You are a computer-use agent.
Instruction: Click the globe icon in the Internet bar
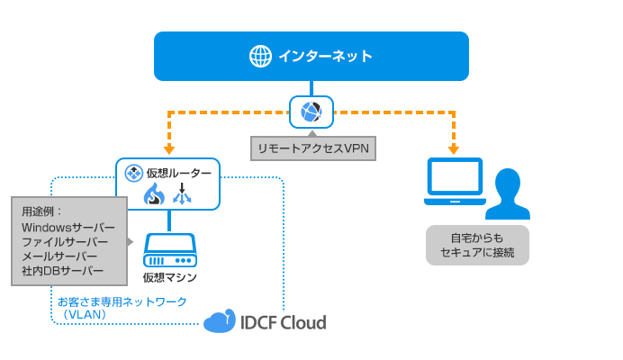pyautogui.click(x=260, y=56)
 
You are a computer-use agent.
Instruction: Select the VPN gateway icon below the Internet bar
pyautogui.click(x=311, y=112)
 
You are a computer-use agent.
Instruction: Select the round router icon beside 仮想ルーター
pyautogui.click(x=132, y=173)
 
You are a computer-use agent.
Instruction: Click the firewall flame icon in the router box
pyautogui.click(x=154, y=193)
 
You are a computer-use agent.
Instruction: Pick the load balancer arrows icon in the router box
pyautogui.click(x=183, y=193)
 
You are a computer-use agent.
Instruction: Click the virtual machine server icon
pyautogui.click(x=169, y=248)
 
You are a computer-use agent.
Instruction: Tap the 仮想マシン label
pyautogui.click(x=169, y=276)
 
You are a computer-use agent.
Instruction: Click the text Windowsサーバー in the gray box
pyautogui.click(x=68, y=228)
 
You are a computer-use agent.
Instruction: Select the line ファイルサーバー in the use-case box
pyautogui.click(x=65, y=242)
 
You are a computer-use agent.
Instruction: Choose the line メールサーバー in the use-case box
pyautogui.click(x=59, y=256)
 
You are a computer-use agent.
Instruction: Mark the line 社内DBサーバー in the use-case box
pyautogui.click(x=62, y=271)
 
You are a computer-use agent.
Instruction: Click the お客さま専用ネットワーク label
pyautogui.click(x=122, y=301)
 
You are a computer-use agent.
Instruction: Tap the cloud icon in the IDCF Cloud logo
pyautogui.click(x=219, y=322)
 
